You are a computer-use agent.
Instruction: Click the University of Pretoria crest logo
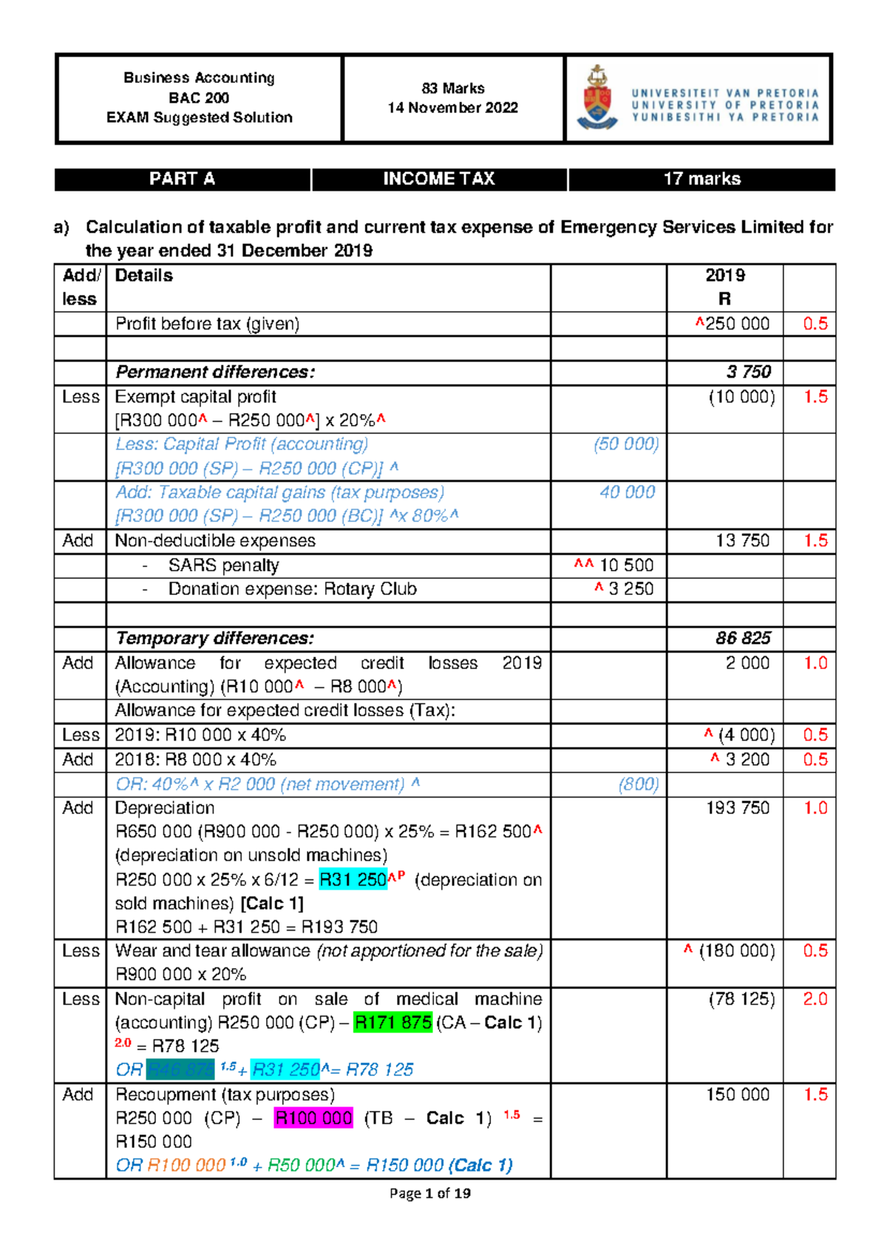pos(597,98)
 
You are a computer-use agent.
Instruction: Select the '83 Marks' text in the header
pos(453,89)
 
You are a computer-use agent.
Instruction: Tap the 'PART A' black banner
pos(182,179)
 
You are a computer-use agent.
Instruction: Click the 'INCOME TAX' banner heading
pos(439,179)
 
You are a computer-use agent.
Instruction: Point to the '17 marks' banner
pos(701,179)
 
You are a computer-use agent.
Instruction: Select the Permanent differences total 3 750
pos(748,372)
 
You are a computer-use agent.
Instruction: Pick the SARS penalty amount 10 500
pos(626,565)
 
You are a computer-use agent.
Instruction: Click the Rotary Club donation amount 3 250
pos(631,589)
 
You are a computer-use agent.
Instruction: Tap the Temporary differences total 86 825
pos(743,638)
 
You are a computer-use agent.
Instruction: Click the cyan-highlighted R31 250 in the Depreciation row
pos(353,880)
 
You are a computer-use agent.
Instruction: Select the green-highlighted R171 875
pos(393,1022)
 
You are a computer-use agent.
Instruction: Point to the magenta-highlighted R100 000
pos(313,1118)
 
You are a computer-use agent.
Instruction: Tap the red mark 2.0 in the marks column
pos(815,999)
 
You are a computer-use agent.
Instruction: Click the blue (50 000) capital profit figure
pos(626,444)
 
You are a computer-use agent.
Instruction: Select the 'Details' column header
pos(144,276)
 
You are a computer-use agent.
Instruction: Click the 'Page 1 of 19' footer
pos(429,1193)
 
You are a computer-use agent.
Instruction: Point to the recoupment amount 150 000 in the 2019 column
pos(738,1095)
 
